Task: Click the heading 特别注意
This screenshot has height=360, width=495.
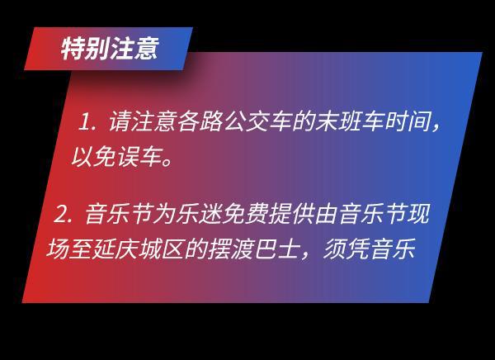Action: pyautogui.click(x=109, y=49)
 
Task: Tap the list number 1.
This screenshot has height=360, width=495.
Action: pyautogui.click(x=86, y=124)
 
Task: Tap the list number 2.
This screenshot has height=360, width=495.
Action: pyautogui.click(x=61, y=216)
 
